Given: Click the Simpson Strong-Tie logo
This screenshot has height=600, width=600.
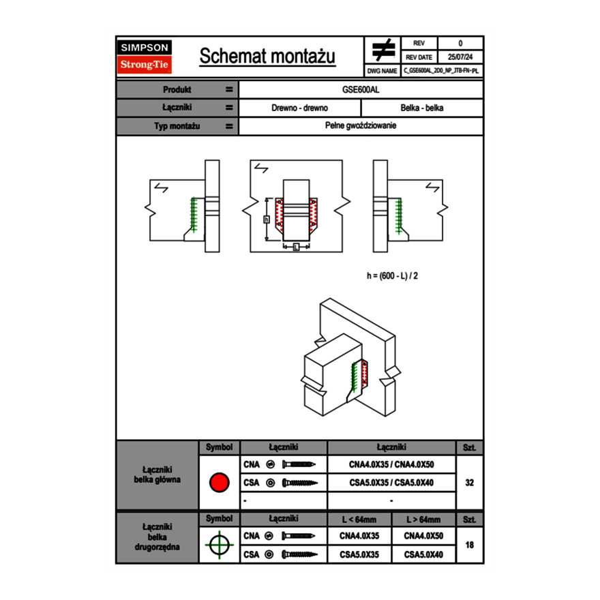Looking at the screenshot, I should coord(145,57).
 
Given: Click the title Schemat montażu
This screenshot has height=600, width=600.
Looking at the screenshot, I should coord(267,57).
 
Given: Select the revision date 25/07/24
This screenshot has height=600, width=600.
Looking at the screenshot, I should coord(460,57).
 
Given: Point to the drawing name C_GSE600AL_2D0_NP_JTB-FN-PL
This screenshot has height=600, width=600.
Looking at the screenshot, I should coord(441,70).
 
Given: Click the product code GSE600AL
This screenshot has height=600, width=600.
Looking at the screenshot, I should coord(361,89).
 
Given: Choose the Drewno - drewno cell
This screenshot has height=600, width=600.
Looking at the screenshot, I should coord(300,108).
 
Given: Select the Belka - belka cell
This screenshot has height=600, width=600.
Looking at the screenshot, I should coord(422,108).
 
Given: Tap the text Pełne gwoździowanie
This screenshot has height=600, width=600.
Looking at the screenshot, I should coord(361,126).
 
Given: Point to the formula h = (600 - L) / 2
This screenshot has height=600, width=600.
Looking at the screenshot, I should coord(392,276).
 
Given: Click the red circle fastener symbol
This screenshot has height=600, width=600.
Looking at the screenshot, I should coord(219,483).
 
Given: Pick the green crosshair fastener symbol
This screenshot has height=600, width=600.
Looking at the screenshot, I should coord(219,545).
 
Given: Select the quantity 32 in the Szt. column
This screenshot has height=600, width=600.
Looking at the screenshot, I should coord(469,483).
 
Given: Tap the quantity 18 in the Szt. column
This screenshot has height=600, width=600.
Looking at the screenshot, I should coord(469,545).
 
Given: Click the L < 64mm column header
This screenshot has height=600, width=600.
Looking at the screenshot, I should coord(359,520).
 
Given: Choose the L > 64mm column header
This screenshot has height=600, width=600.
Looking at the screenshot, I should coord(423,520).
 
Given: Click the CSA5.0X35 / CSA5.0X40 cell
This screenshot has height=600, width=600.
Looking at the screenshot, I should coord(391,483).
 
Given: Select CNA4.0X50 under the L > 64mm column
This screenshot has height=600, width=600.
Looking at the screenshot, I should coord(423,536).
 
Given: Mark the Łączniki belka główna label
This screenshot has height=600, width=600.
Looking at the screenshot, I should coord(157,475).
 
